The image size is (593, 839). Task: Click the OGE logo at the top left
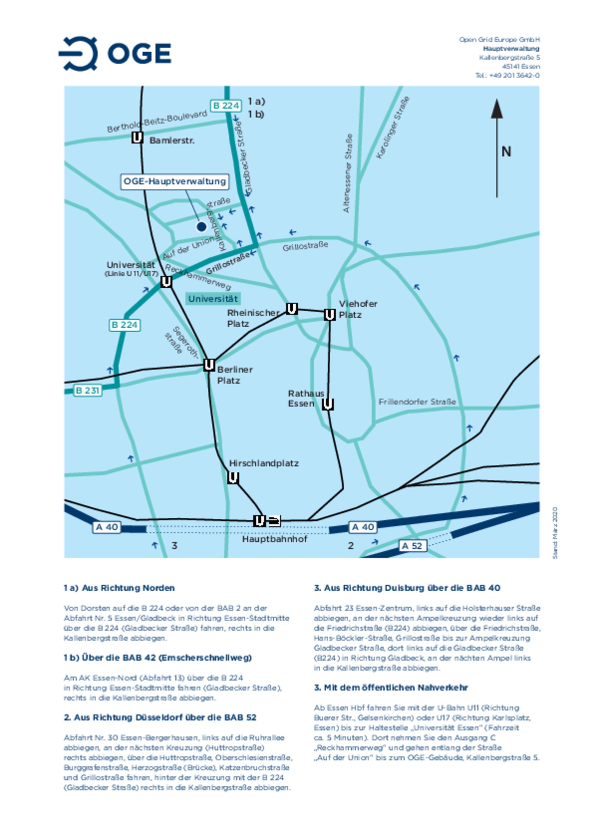point(115,54)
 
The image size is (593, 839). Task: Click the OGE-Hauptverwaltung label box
point(175,182)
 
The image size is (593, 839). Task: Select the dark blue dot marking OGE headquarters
point(201,226)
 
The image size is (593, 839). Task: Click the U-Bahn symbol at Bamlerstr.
point(137,138)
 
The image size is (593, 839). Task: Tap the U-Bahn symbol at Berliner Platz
point(209,365)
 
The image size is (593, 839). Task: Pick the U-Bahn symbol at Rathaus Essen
point(327,404)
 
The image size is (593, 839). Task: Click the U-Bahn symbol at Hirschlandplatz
point(233,478)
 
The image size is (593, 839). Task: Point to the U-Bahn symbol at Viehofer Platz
point(329,315)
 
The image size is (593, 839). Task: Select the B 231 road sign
point(88,390)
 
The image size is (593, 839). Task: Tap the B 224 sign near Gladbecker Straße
point(226,106)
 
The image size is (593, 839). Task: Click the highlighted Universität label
point(213,299)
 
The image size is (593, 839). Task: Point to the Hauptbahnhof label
point(274,539)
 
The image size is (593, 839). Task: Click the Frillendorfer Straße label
point(417,401)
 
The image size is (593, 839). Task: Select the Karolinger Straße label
point(393,128)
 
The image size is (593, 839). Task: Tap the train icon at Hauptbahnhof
point(274,521)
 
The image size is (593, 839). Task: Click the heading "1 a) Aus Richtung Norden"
point(119,588)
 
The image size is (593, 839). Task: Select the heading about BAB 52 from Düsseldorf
point(160,718)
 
